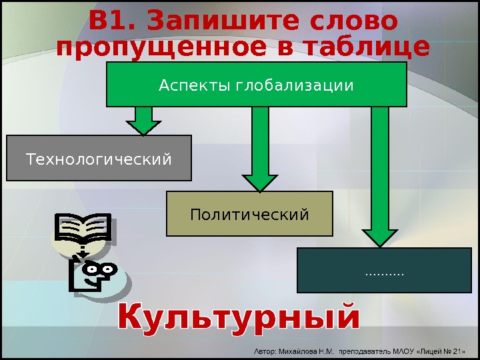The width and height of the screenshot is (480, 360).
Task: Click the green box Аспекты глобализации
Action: tap(256, 85)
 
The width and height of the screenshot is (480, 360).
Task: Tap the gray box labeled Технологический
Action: tap(99, 159)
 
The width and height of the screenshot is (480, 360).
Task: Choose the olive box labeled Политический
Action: tap(249, 214)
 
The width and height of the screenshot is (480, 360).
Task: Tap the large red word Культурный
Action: tap(239, 319)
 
